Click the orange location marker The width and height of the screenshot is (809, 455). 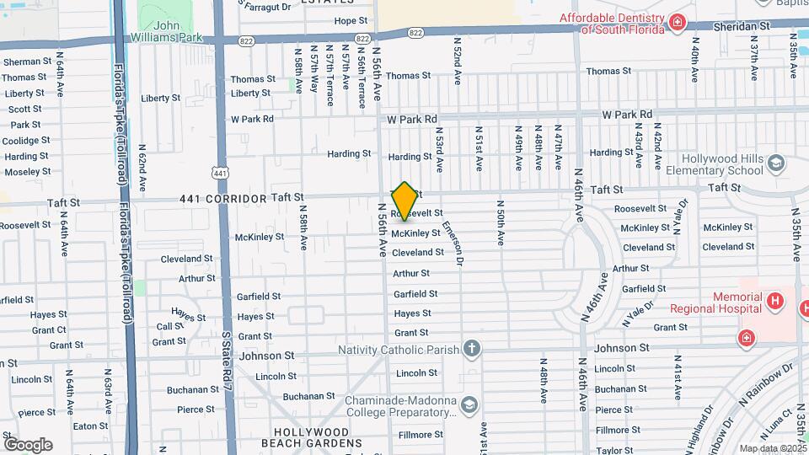pos(404,201)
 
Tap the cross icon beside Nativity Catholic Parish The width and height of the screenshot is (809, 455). pos(472,349)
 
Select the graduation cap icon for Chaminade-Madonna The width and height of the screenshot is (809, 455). pos(467,407)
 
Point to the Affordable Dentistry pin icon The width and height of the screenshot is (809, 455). pos(677,21)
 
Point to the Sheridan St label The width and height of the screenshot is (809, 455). pos(742,26)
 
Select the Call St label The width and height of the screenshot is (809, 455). pos(169,326)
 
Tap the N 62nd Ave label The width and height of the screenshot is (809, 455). pos(142,169)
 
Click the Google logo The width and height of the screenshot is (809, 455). pos(28,444)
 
